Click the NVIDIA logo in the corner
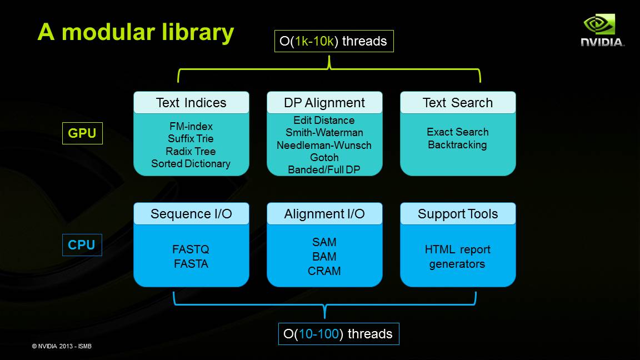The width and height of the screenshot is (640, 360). (602, 30)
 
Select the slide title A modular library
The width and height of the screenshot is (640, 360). (136, 32)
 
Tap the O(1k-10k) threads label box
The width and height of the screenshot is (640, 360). (334, 41)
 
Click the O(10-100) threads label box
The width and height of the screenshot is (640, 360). (338, 334)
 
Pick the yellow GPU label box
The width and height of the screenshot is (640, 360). (82, 133)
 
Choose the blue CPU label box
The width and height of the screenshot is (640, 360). (82, 245)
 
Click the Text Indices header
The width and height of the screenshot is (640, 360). (191, 103)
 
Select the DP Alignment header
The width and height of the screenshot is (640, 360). (324, 103)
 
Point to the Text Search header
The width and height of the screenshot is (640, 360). (458, 103)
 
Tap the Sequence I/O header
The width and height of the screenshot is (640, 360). (191, 214)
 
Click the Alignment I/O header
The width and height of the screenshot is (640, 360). (324, 214)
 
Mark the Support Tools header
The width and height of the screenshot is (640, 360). (458, 214)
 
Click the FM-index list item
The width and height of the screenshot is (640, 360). (191, 126)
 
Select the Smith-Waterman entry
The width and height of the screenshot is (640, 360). (324, 133)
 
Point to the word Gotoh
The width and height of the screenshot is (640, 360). (324, 158)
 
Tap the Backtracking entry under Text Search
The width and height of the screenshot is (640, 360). (457, 145)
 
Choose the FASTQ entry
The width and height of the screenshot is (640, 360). (191, 249)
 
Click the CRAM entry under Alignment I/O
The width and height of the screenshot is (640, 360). (324, 271)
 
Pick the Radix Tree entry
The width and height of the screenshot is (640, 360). (191, 151)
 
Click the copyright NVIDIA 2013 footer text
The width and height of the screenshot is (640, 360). (62, 346)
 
